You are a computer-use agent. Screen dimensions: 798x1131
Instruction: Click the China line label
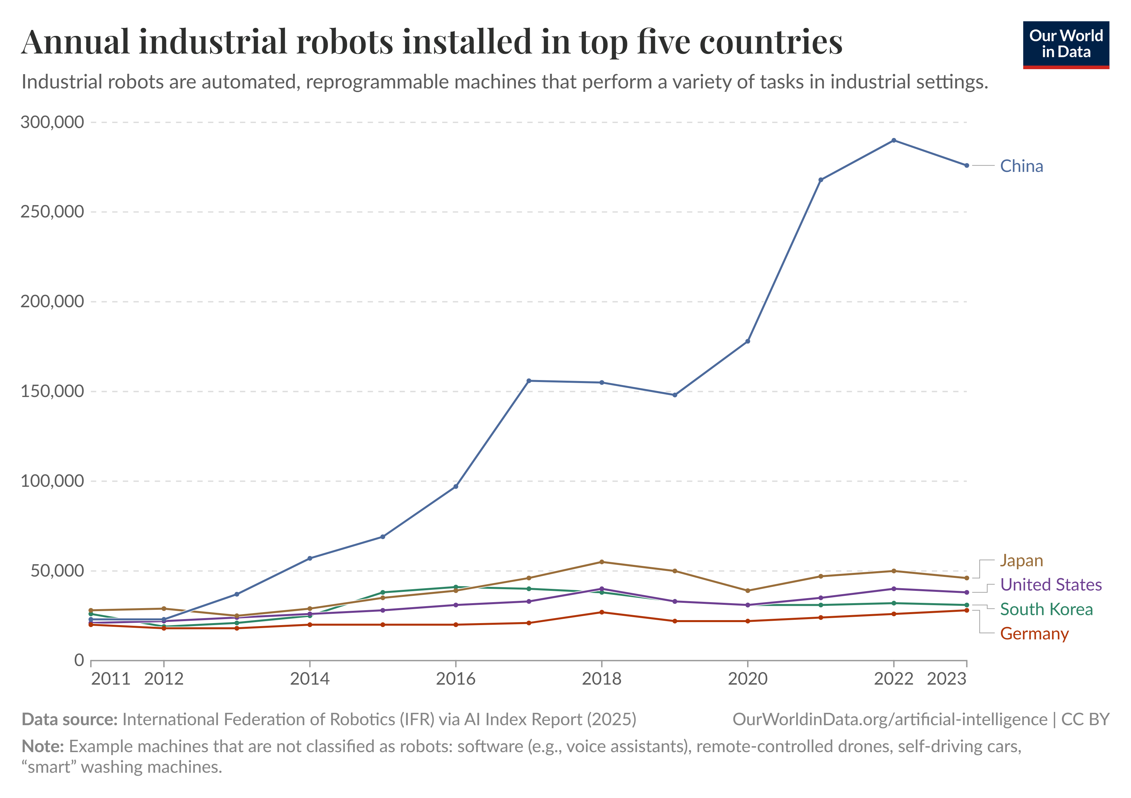point(1021,166)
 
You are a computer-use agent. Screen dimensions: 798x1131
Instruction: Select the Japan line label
point(1021,561)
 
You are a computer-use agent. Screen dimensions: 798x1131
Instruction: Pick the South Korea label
point(1046,609)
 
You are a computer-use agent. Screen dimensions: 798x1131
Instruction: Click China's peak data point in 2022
point(893,140)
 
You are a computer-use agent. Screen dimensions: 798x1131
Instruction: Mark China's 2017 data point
point(529,380)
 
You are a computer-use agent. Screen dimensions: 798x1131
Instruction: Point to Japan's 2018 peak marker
point(601,562)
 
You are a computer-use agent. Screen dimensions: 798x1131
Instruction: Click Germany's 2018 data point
point(601,612)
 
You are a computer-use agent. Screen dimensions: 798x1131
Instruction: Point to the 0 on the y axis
point(79,660)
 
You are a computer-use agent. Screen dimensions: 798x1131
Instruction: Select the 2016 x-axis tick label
point(456,679)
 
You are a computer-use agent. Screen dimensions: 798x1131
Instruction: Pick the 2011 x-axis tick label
point(110,679)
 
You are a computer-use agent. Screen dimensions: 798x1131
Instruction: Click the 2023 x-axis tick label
point(946,679)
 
